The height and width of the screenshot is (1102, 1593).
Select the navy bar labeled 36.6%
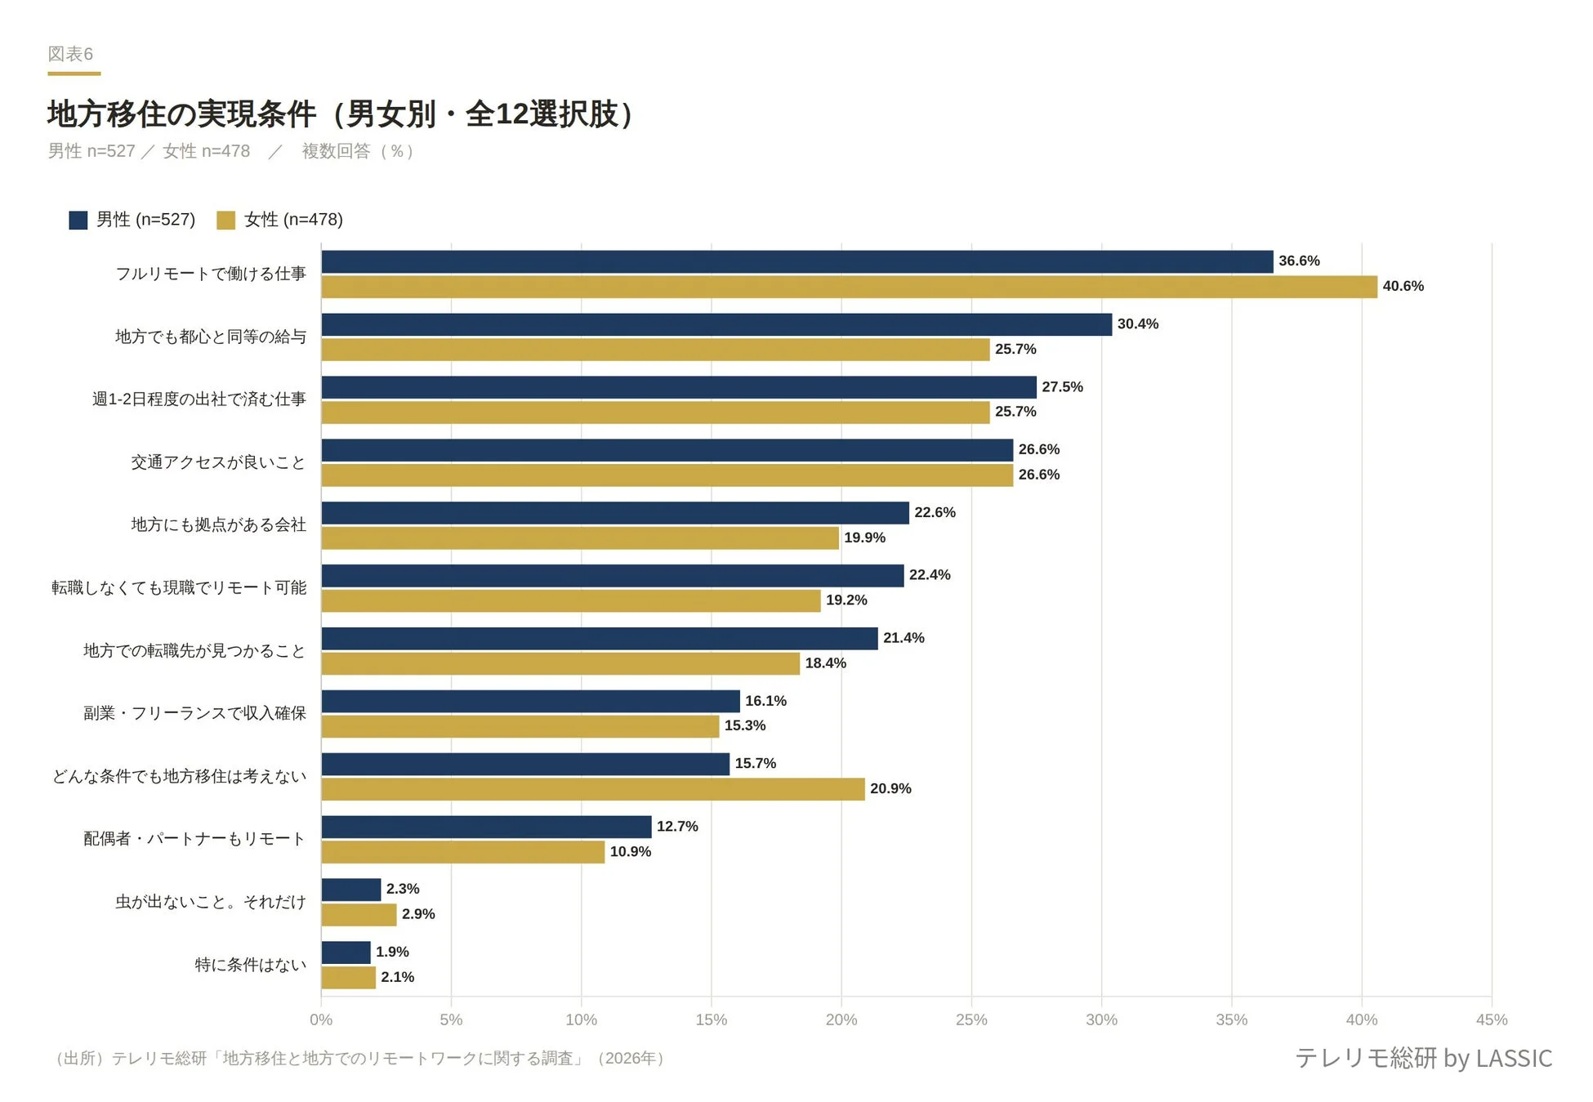[796, 261]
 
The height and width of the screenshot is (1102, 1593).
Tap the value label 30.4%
[1137, 324]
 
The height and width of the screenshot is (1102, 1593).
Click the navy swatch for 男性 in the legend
[78, 220]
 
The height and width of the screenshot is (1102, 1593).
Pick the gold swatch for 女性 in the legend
[225, 220]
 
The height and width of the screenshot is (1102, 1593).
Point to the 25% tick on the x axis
[971, 1019]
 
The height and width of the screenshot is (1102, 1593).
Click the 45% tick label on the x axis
[1491, 1019]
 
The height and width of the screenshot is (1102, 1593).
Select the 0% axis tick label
[321, 1019]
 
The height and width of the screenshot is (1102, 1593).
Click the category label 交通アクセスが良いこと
[218, 462]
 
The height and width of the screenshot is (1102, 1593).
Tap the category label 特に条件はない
[250, 965]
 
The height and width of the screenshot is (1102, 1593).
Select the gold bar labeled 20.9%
[592, 789]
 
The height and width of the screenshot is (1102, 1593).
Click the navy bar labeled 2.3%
[351, 890]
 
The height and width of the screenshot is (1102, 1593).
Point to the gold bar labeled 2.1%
[348, 978]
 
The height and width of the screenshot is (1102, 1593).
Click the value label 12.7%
[676, 827]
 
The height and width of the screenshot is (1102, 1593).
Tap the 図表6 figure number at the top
[70, 54]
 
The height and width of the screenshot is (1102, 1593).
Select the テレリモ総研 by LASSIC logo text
[1423, 1058]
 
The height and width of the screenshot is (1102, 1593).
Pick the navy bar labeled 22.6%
[614, 513]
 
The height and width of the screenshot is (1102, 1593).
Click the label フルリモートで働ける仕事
[210, 274]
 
